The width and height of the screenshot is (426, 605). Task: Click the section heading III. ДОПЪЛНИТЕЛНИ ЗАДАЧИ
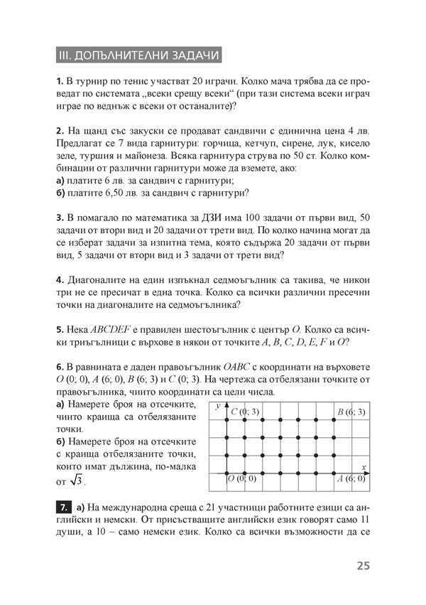(x=138, y=55)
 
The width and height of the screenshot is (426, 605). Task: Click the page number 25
(x=364, y=567)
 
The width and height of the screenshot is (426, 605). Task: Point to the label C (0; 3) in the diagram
(x=246, y=412)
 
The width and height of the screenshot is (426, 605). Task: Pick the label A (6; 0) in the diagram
(x=351, y=479)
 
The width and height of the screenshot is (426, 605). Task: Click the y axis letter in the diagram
(x=219, y=405)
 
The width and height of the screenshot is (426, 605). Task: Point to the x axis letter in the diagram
(x=363, y=466)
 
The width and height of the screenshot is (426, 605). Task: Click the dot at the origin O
(x=226, y=473)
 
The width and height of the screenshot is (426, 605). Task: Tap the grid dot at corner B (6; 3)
(x=334, y=419)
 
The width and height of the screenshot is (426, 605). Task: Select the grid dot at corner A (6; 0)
(x=334, y=473)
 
